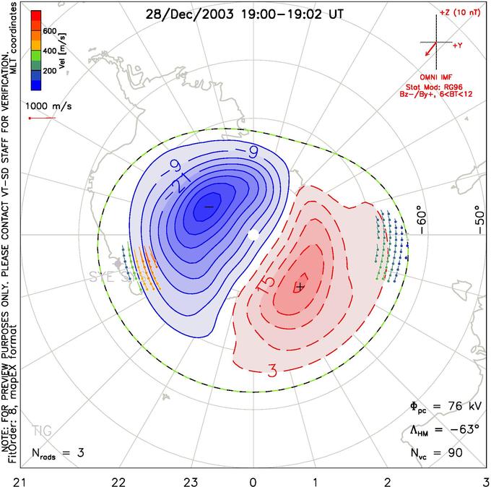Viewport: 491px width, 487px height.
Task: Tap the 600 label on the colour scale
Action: pyautogui.click(x=51, y=31)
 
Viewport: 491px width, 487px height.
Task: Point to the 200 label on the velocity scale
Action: pyautogui.click(x=51, y=72)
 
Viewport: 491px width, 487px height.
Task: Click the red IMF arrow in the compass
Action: pyautogui.click(x=430, y=50)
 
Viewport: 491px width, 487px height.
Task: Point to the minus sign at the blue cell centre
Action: pyautogui.click(x=209, y=207)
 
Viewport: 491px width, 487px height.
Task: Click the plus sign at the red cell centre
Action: pyautogui.click(x=300, y=287)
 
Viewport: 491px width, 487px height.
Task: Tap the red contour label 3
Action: pyautogui.click(x=272, y=371)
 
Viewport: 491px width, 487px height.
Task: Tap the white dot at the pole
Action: pyautogui.click(x=253, y=235)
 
